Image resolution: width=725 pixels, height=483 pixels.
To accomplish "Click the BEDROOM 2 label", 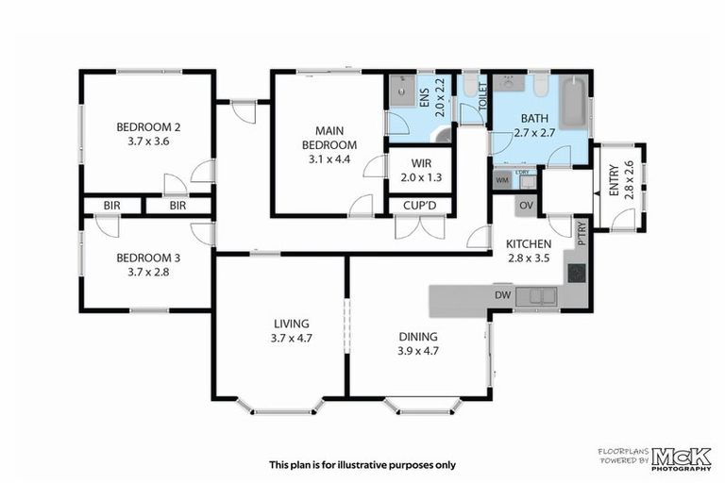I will click(148, 127).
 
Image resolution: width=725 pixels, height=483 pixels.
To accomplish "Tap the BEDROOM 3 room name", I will click(148, 258).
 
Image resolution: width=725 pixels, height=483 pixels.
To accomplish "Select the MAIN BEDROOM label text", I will click(329, 138).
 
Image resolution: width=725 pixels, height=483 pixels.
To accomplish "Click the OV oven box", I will click(526, 206).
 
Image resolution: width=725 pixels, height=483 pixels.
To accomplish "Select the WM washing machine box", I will click(501, 178).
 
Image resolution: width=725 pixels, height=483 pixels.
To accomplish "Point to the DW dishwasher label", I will click(502, 297).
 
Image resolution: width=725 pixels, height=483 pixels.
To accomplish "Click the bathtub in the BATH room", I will click(572, 104).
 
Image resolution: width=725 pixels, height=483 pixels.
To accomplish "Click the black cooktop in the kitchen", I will click(576, 273).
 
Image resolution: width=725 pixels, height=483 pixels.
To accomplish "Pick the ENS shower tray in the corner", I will click(400, 91).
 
